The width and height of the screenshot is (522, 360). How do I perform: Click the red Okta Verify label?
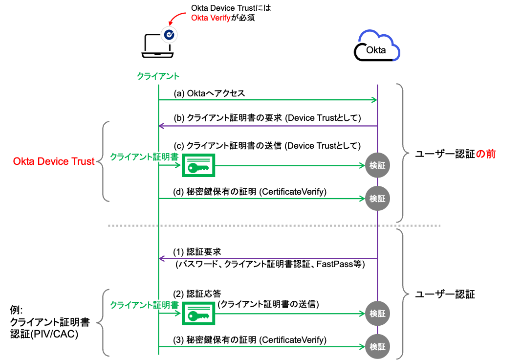pos(210,18)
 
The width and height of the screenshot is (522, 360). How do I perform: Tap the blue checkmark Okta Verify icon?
pos(169,34)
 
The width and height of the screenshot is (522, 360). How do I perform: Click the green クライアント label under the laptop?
pos(158,76)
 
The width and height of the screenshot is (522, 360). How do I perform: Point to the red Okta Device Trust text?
pos(54,161)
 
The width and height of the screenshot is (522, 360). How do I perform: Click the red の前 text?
pos(486,154)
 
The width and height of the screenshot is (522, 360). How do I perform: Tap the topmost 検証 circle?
pos(377,165)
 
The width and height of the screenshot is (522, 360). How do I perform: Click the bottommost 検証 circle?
pos(377,347)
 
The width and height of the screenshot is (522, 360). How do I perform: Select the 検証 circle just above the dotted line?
pos(377,199)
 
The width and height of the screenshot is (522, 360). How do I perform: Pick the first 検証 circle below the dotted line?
pos(377,314)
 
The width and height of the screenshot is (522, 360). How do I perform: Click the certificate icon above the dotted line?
pos(198,165)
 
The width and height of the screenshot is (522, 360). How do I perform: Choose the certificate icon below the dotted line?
pos(198,314)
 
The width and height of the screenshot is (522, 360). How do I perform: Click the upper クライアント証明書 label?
pos(144,157)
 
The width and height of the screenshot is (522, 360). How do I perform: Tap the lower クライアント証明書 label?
pos(144,305)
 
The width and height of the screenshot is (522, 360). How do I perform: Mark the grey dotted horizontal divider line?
pos(274,225)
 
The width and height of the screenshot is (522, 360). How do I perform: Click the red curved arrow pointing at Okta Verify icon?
pos(177,18)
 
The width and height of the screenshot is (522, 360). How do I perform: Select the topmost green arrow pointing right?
pos(268,100)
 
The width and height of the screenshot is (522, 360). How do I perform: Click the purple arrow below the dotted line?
pos(268,258)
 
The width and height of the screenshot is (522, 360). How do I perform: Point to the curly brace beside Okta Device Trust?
pos(104,161)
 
